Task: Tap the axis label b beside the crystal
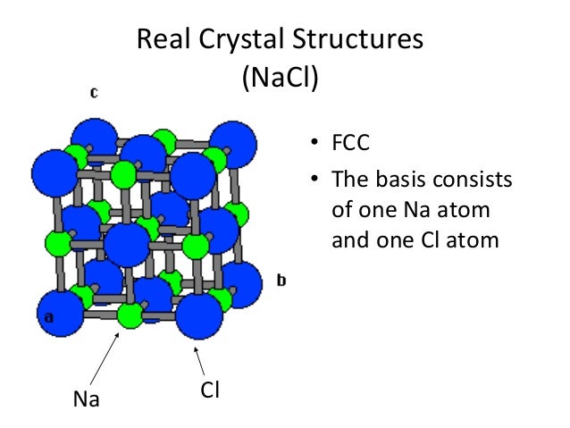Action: tap(281, 281)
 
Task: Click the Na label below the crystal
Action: tap(88, 399)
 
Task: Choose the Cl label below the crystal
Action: tap(211, 390)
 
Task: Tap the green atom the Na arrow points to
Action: tap(130, 315)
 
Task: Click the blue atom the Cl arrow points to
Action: tap(199, 315)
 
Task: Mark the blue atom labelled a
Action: tap(58, 313)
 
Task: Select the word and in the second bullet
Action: tap(349, 240)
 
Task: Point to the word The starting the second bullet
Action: tap(349, 180)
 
